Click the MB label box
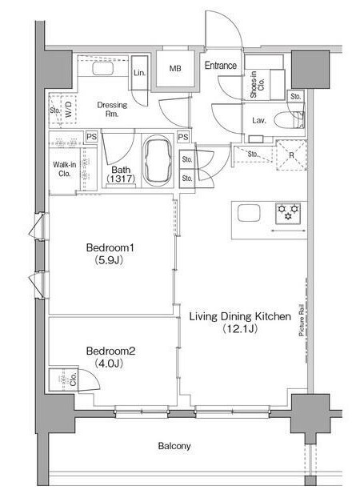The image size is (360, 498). (175, 68)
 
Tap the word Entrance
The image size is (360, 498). (221, 66)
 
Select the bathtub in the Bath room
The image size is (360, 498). (158, 161)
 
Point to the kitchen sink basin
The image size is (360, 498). (250, 213)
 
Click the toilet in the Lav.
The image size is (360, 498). (290, 120)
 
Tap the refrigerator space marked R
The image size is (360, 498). (291, 155)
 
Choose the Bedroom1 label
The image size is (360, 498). (110, 254)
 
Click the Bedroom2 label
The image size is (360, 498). (110, 357)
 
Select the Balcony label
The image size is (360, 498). (174, 446)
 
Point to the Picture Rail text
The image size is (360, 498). (302, 320)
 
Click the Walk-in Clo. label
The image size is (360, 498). (65, 169)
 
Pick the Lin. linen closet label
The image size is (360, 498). (139, 73)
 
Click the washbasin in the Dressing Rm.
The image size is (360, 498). (102, 69)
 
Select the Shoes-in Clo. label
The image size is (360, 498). (258, 84)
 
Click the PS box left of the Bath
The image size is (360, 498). (91, 137)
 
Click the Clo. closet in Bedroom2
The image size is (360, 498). (63, 380)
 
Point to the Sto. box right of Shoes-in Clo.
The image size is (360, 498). (295, 96)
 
